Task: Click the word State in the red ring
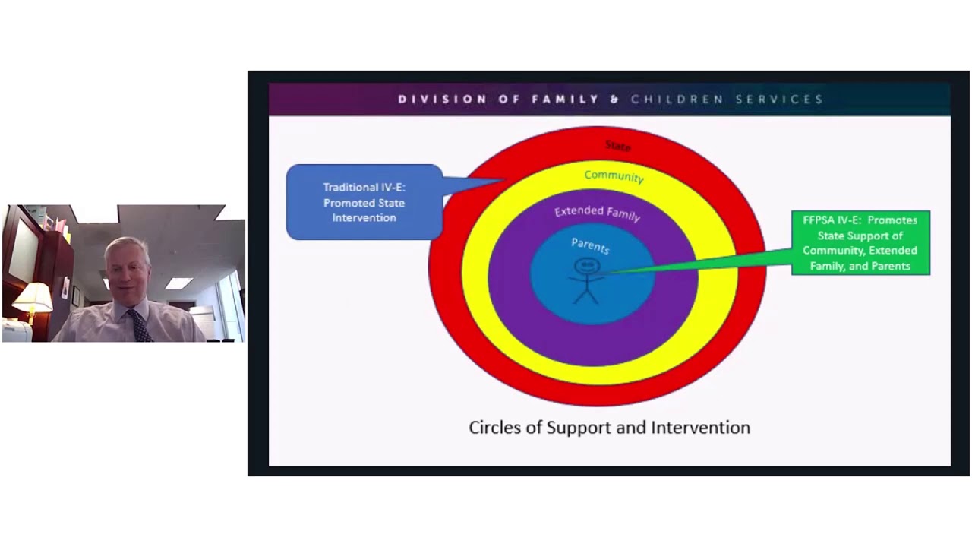click(x=617, y=145)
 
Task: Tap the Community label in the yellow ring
click(x=614, y=176)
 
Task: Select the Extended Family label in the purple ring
click(x=597, y=213)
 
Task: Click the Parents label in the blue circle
click(x=590, y=245)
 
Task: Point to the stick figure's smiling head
click(x=586, y=267)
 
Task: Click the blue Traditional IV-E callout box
click(x=364, y=203)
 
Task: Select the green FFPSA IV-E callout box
click(x=860, y=243)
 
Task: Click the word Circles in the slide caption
click(x=494, y=428)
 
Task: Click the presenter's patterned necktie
click(x=140, y=325)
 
